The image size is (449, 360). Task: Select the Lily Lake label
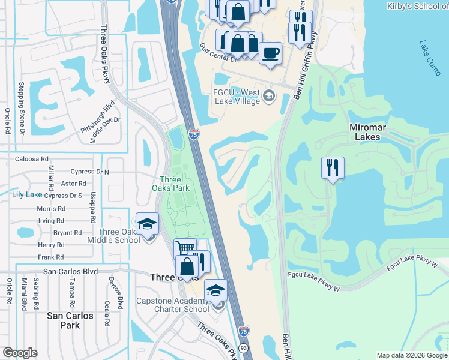26,195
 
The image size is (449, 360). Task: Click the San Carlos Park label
71,320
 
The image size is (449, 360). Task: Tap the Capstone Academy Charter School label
173,305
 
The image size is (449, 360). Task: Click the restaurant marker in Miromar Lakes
332,167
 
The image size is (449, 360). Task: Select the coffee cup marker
271,53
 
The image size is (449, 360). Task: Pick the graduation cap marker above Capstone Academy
215,291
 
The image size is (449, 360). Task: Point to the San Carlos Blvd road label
70,271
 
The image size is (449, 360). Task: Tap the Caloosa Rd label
32,159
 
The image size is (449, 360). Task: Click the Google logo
20,353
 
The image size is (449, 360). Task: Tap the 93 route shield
243,347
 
